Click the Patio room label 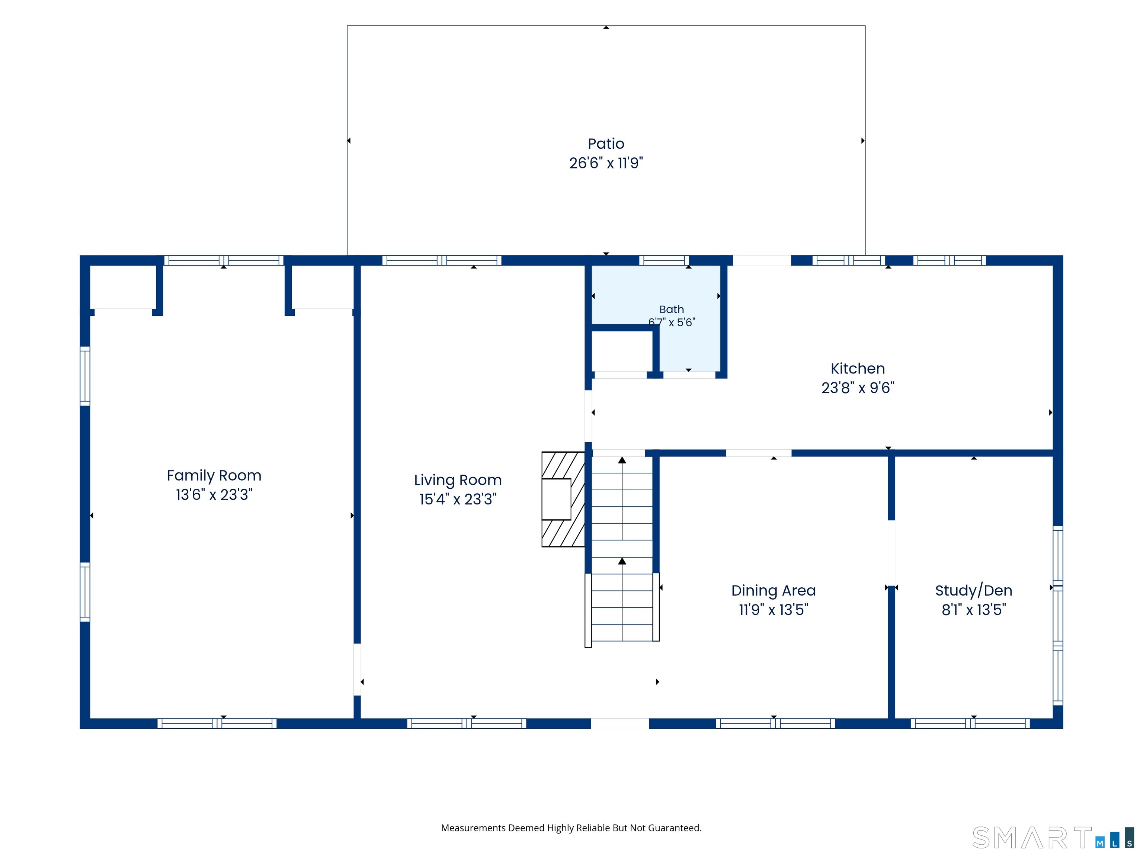pos(606,144)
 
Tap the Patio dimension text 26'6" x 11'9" pos(606,163)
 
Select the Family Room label pos(214,475)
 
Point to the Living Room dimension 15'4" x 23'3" pos(458,499)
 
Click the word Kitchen pos(858,368)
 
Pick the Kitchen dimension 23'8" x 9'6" pos(858,388)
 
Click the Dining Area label pos(774,590)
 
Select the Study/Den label pos(973,590)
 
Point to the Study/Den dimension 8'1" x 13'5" pos(973,610)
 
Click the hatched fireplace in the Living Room pos(563,499)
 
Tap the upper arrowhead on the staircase pos(622,460)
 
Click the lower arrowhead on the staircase pos(622,561)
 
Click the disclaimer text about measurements pos(571,828)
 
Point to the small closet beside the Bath pos(622,351)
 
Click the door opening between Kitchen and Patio pos(762,260)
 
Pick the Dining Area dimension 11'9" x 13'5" pos(774,610)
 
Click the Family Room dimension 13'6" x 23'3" pos(214,494)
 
